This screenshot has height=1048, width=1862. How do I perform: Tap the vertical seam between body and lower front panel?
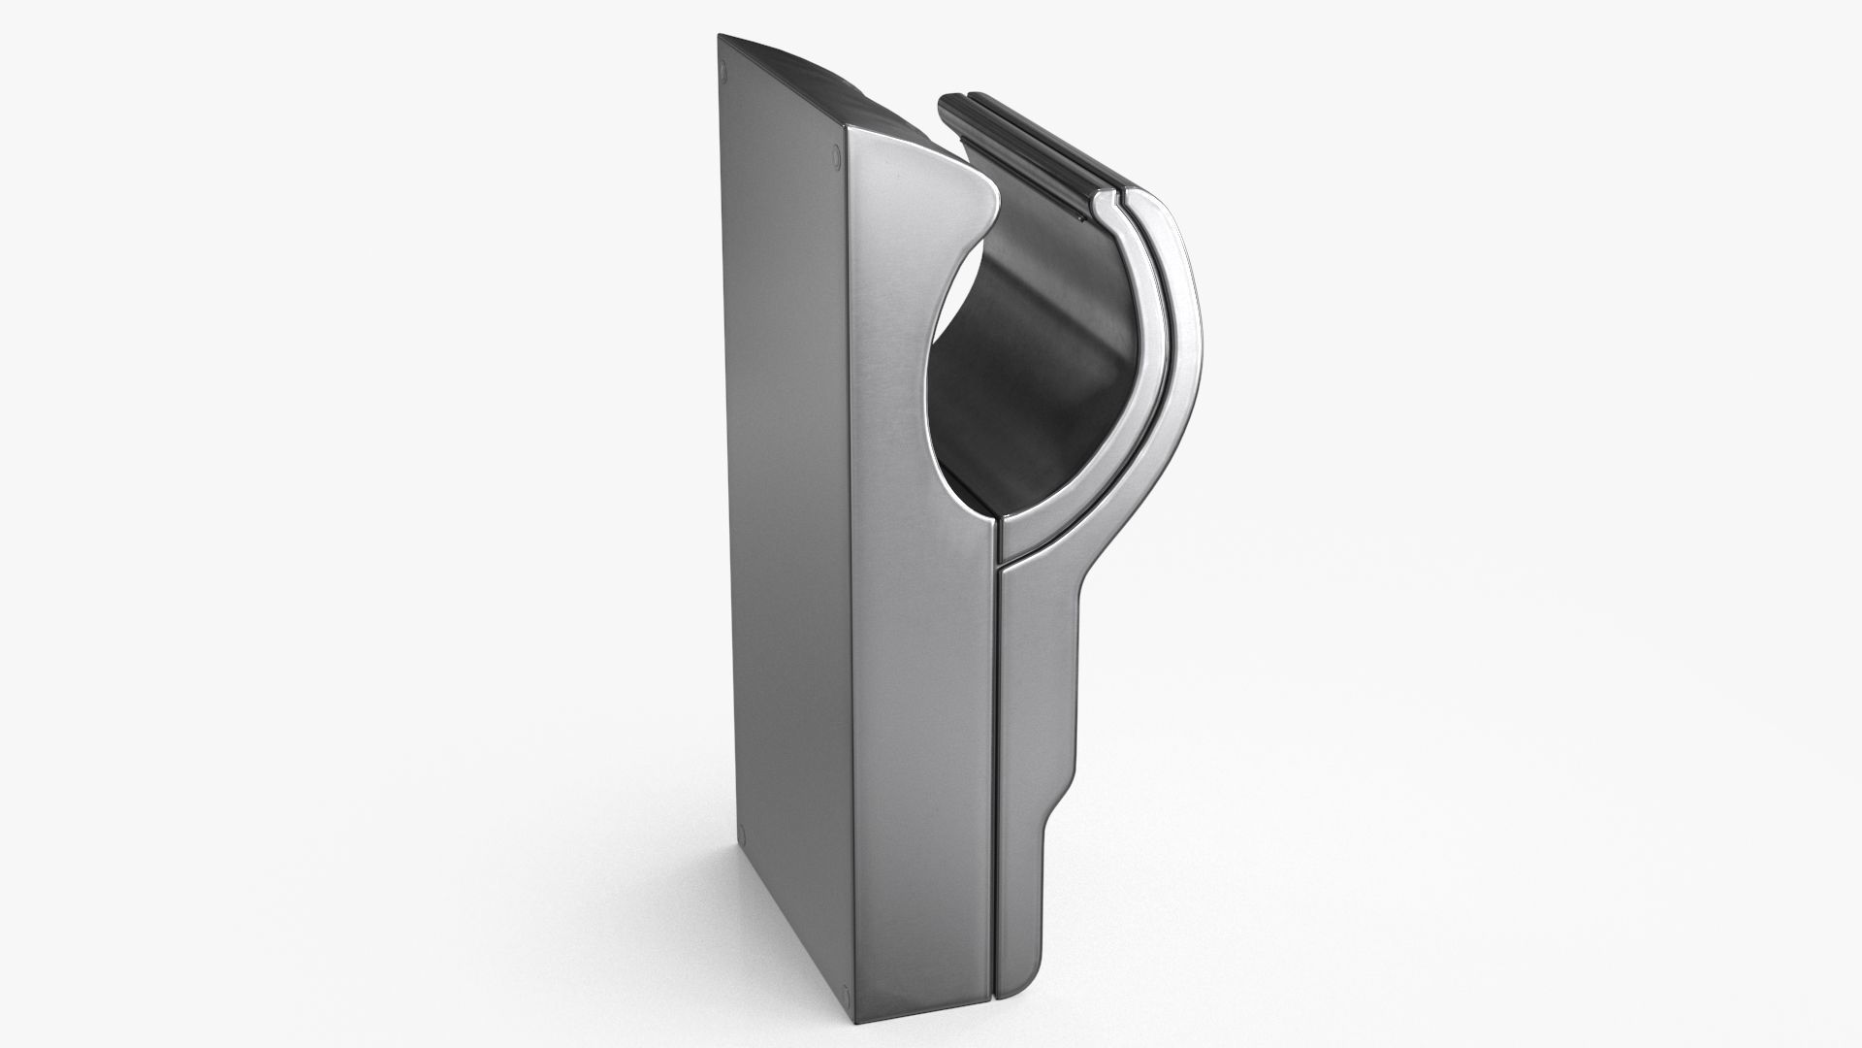997,776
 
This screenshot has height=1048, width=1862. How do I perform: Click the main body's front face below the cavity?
921,728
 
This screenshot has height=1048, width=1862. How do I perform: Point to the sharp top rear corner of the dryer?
720,36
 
